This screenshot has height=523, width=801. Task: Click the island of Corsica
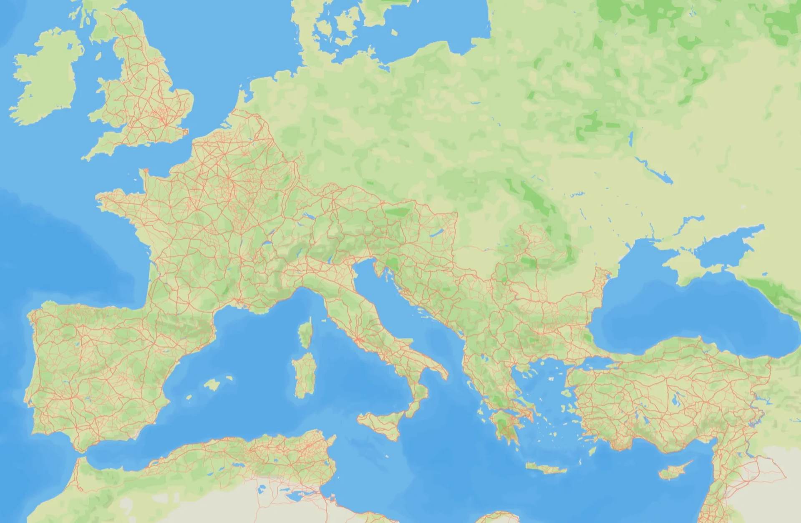[x=306, y=334]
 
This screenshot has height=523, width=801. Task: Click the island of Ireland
[x=46, y=79]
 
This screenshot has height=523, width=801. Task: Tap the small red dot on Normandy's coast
[x=146, y=170]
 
